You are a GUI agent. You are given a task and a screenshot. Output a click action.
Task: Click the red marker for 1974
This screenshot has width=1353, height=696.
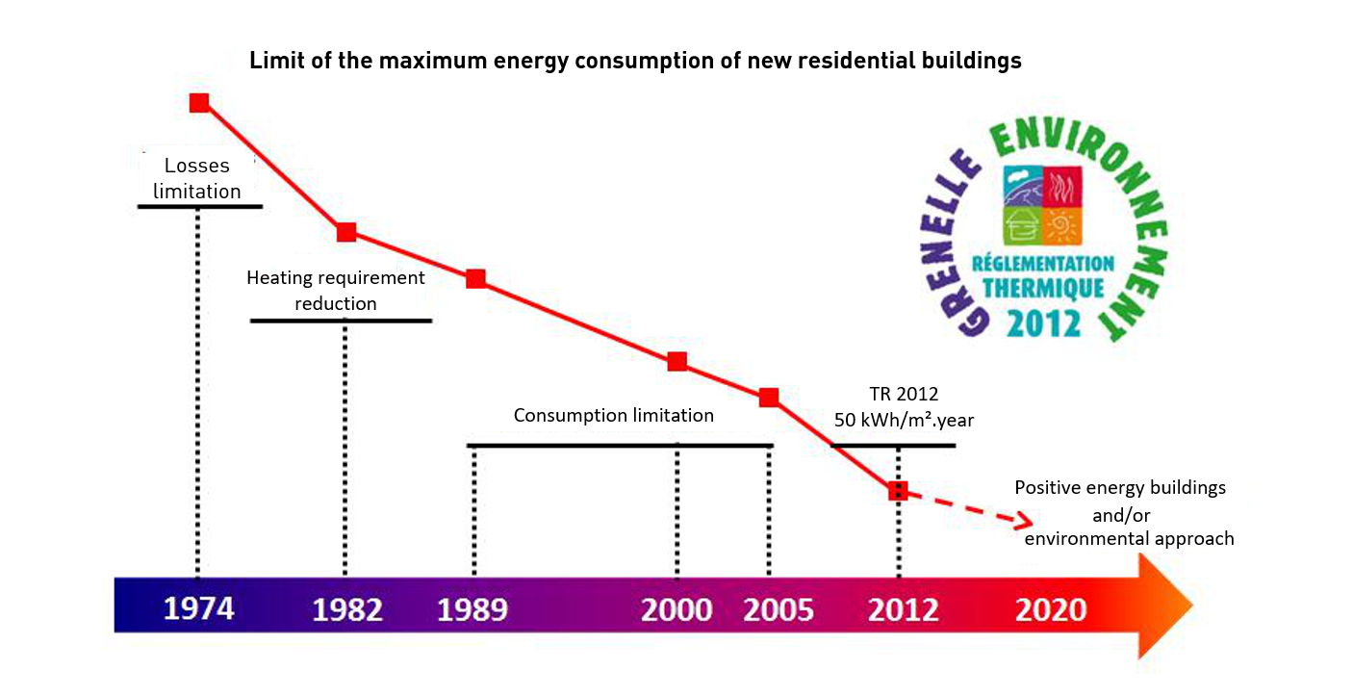[199, 102]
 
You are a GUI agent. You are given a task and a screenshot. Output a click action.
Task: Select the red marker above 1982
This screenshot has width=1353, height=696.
[346, 232]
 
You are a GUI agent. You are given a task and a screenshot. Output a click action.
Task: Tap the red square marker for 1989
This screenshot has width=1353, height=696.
[475, 278]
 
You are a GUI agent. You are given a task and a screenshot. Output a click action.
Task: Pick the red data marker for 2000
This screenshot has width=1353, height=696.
[677, 362]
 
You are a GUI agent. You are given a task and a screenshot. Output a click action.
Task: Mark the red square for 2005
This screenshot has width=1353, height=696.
[768, 397]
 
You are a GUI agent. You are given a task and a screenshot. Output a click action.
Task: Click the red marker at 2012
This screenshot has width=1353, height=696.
[897, 490]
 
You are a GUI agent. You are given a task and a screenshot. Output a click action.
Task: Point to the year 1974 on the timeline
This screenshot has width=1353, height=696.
[198, 608]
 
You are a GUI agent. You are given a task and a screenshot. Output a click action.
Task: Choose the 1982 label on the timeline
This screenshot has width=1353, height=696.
[347, 610]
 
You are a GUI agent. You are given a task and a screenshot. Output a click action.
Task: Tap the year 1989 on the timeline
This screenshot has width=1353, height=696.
[472, 610]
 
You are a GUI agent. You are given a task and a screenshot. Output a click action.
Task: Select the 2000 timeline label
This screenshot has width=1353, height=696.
[677, 610]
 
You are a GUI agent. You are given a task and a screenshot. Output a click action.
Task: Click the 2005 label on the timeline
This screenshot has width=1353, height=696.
[779, 610]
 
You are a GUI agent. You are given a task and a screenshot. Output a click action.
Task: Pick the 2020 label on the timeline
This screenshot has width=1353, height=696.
[1051, 610]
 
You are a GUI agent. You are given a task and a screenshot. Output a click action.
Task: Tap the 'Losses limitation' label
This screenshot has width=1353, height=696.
[197, 178]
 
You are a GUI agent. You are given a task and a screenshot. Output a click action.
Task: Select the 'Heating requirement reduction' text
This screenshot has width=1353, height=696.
[336, 290]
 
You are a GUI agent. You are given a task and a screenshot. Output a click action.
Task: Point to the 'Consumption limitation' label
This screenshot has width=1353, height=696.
[614, 416]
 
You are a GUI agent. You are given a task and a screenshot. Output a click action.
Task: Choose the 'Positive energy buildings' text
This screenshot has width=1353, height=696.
[1120, 487]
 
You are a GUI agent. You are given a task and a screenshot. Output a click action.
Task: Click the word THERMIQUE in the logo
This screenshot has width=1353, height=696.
[1043, 288]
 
